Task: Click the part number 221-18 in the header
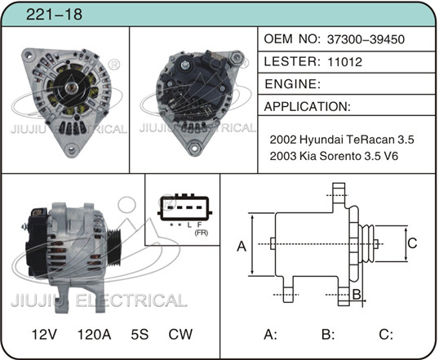[54, 14]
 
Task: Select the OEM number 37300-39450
[366, 39]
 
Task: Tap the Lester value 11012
[344, 62]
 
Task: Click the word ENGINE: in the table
[293, 84]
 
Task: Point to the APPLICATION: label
[307, 106]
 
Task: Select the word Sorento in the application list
[339, 156]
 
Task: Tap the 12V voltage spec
[44, 335]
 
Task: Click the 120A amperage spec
[94, 335]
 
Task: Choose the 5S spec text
[140, 335]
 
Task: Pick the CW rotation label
[180, 335]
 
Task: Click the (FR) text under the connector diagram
[202, 233]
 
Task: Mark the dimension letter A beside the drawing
[242, 247]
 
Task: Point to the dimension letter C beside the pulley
[412, 243]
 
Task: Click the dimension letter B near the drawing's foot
[357, 295]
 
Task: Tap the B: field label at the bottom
[328, 335]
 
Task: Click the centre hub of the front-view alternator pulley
[70, 87]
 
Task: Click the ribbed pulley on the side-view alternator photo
[114, 247]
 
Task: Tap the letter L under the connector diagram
[189, 224]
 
